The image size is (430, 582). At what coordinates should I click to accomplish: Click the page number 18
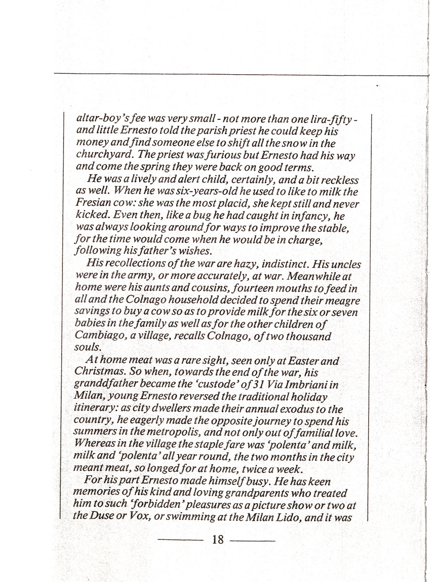[x=218, y=539]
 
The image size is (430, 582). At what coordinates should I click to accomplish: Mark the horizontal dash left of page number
[x=182, y=540]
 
